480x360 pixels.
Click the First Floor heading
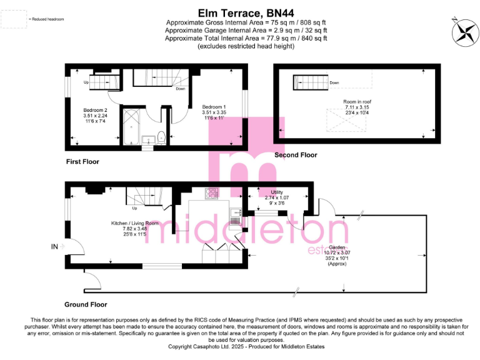[82, 161]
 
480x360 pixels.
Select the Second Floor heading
[296, 155]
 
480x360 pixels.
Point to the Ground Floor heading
[86, 304]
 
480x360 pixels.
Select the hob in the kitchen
[211, 194]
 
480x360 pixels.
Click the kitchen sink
[236, 218]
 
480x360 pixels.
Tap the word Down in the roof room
[334, 82]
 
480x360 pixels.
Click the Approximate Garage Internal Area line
[246, 29]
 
